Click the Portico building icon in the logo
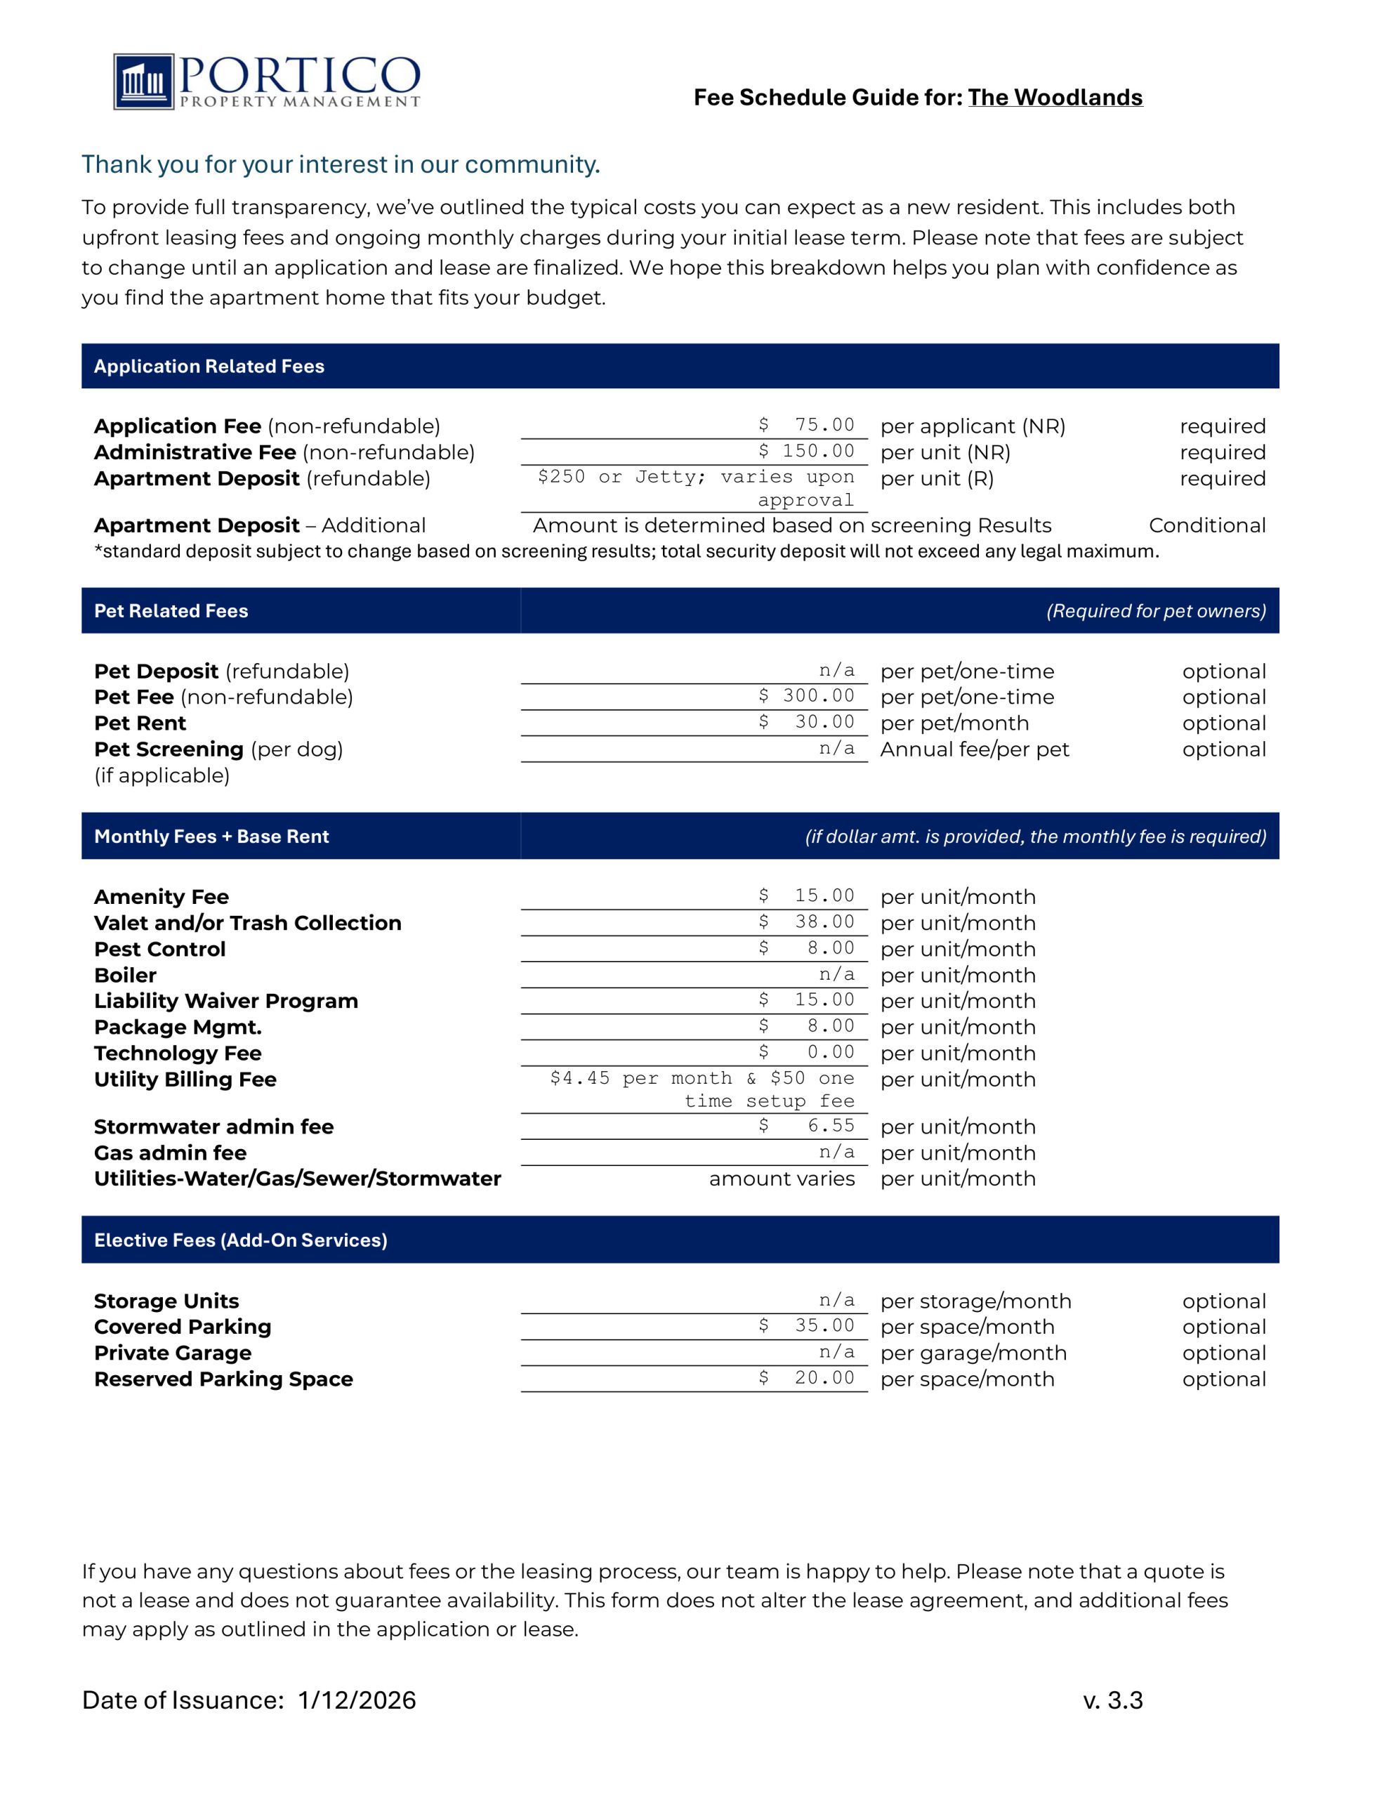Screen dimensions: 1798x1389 pos(144,81)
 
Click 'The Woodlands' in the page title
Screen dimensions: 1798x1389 pos(1055,97)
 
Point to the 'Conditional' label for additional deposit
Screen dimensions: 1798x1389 pos(1206,525)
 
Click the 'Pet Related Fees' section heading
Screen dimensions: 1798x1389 pos(171,611)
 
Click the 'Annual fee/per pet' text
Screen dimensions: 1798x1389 pos(974,749)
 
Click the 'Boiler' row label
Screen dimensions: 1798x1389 pos(125,975)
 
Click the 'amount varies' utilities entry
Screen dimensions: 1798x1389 pos(782,1179)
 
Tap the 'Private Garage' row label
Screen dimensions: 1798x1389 pos(173,1353)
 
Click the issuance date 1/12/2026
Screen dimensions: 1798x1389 pos(357,1700)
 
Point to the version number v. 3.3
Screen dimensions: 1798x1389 pos(1112,1700)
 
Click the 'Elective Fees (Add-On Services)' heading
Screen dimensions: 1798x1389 pos(240,1240)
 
